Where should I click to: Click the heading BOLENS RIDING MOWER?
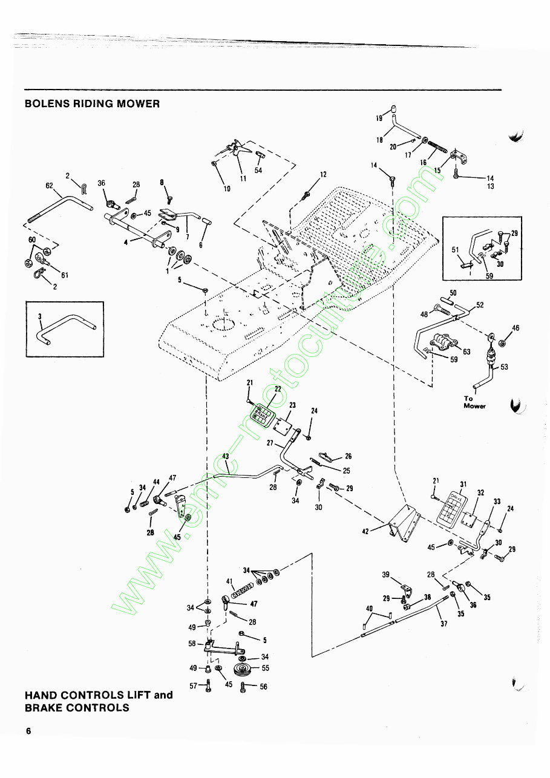(x=92, y=103)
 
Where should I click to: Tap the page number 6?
(x=28, y=731)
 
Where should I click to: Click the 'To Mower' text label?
(x=474, y=402)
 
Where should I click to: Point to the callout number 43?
(x=225, y=456)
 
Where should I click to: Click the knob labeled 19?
(x=391, y=109)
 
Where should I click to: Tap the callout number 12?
(x=323, y=174)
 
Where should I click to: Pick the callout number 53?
(x=505, y=367)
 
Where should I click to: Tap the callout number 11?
(x=243, y=178)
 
